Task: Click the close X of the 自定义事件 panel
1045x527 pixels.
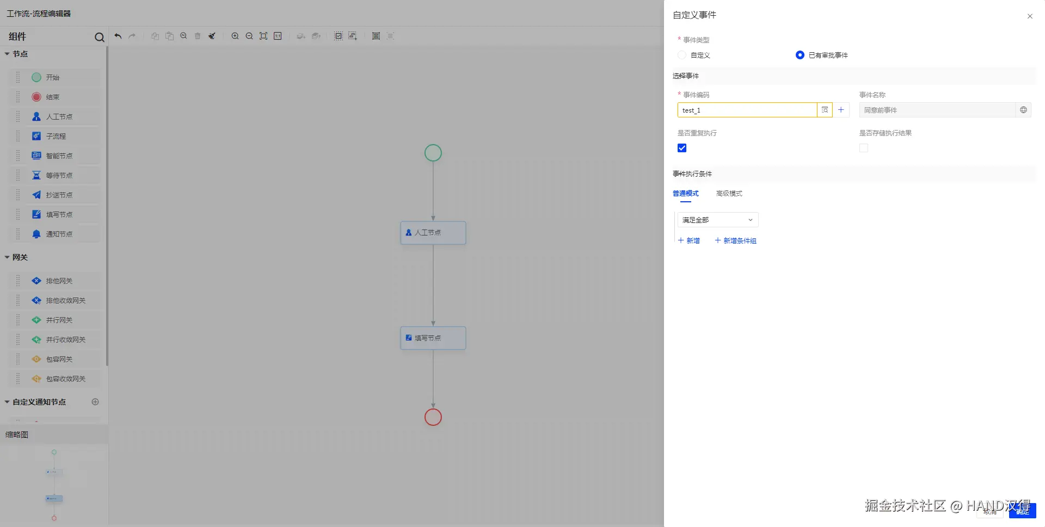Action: tap(1030, 16)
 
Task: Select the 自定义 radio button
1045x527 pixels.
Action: tap(682, 55)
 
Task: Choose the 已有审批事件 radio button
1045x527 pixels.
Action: tap(800, 55)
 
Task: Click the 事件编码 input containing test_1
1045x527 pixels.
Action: tap(747, 110)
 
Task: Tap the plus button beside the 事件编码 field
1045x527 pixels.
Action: tap(841, 110)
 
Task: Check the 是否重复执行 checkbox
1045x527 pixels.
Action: tap(682, 148)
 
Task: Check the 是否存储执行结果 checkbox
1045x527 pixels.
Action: tap(864, 148)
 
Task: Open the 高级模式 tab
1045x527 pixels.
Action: tap(729, 194)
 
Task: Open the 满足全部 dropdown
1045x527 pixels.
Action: tap(717, 220)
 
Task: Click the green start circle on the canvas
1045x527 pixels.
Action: tap(433, 153)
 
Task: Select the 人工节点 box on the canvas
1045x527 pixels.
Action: tap(433, 233)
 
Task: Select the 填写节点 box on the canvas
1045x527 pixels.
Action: tap(433, 338)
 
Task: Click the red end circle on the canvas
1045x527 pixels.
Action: tap(433, 417)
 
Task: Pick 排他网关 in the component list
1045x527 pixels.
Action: tap(59, 281)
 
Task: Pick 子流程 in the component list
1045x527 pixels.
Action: tap(56, 137)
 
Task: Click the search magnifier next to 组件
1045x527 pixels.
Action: tap(99, 37)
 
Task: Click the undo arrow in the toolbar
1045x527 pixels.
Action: tap(118, 36)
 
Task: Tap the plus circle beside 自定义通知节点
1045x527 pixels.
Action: tap(95, 402)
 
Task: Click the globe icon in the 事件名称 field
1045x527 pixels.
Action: tap(1023, 110)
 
